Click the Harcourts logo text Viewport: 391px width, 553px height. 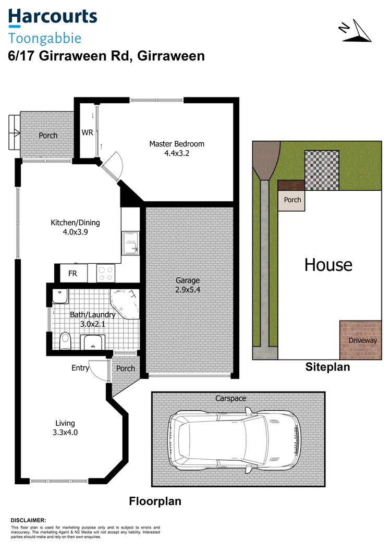tap(53, 17)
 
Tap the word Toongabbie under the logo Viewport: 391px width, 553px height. tap(45, 38)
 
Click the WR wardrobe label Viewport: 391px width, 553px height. tap(87, 132)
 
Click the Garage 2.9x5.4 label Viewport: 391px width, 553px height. tap(188, 285)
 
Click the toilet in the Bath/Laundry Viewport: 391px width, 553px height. tap(65, 341)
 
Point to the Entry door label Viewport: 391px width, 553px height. tap(80, 368)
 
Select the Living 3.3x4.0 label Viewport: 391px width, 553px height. tap(66, 427)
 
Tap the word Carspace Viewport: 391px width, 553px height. tap(230, 398)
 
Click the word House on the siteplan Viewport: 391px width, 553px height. tap(328, 265)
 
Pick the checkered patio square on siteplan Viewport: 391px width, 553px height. tap(321, 170)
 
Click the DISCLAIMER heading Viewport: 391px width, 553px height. tap(29, 520)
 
